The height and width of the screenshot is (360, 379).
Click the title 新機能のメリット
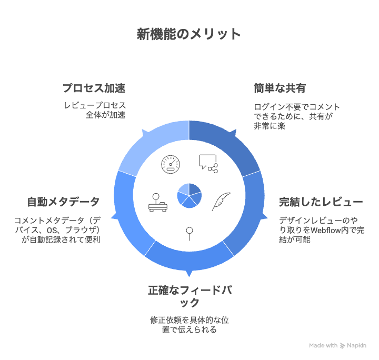point(189,34)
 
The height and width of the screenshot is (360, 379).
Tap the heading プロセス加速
point(94,87)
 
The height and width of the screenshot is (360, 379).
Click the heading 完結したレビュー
point(321,202)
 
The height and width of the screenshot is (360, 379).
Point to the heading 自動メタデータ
point(63,202)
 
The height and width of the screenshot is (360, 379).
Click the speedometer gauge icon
point(171,164)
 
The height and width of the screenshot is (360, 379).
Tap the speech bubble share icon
point(208,163)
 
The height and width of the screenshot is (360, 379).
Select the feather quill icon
point(221,202)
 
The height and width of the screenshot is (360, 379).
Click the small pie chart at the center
point(189,196)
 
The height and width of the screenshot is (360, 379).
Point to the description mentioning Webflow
point(319,230)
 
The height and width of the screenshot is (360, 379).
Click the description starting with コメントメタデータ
point(58,230)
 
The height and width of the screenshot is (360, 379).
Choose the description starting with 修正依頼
point(189,325)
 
